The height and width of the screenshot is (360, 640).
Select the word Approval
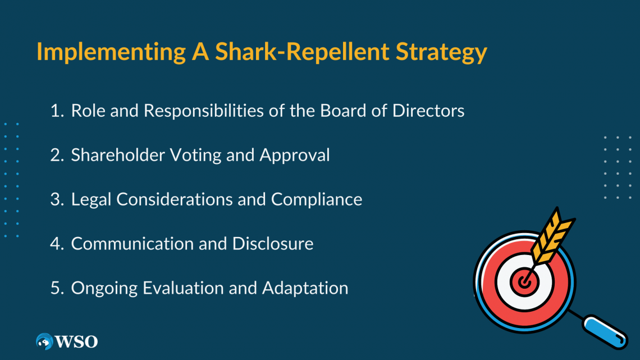tap(295, 155)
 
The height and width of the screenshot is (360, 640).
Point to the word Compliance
tap(317, 199)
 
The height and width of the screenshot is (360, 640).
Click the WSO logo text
tap(76, 341)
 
